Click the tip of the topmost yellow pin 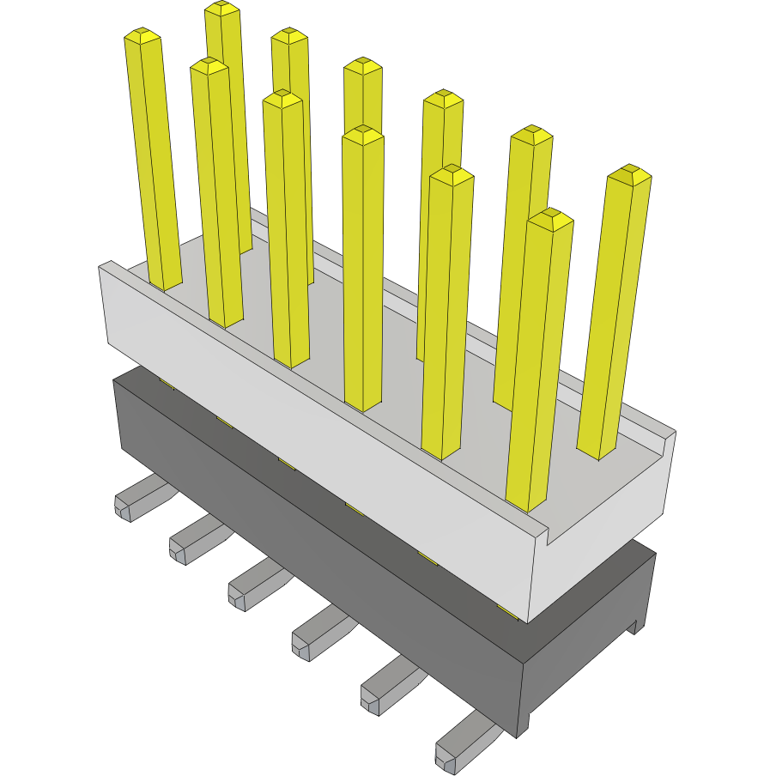(x=222, y=8)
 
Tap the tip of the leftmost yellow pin (x=142, y=35)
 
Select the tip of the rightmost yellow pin (x=629, y=173)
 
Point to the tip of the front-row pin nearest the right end (x=550, y=218)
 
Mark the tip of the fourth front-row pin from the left (x=363, y=133)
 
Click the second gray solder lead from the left (x=193, y=541)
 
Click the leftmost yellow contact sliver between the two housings (x=167, y=385)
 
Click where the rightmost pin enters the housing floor (x=597, y=452)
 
